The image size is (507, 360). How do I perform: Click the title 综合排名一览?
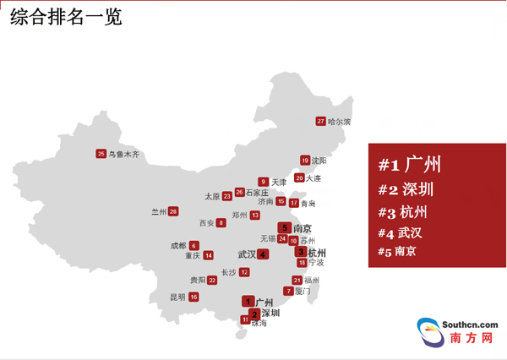tap(66, 17)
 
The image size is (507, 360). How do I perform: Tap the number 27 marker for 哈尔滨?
tap(320, 121)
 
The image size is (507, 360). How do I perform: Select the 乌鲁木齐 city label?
tap(124, 154)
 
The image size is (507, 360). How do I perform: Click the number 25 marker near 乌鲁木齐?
tap(101, 154)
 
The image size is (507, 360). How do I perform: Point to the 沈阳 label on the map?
tap(319, 161)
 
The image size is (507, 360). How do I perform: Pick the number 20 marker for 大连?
tap(299, 178)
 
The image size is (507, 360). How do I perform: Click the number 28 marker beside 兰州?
tap(173, 211)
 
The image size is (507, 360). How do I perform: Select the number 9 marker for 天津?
tap(264, 182)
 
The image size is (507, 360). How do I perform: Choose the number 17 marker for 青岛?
tap(294, 203)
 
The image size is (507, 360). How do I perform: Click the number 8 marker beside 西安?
tap(221, 223)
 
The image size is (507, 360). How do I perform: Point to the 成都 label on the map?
tap(178, 246)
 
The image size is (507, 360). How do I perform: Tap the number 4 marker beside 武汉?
tap(264, 254)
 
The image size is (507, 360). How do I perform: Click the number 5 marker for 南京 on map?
tap(285, 227)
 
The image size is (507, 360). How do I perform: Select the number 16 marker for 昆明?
tap(194, 297)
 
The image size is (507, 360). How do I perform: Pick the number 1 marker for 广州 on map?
tap(248, 301)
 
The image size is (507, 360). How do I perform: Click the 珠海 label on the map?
tap(259, 324)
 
